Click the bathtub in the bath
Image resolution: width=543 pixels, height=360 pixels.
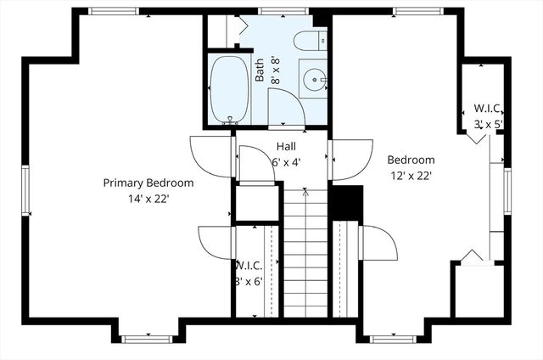228,90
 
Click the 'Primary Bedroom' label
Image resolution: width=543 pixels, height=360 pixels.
148,183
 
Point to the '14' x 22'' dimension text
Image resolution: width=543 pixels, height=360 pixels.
148,199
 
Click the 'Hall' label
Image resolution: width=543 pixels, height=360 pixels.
286,146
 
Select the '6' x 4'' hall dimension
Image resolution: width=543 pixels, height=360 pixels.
286,161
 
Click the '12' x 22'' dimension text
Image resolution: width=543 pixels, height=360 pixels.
411,176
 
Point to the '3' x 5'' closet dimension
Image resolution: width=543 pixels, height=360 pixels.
489,124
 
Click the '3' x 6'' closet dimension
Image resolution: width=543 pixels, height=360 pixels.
248,281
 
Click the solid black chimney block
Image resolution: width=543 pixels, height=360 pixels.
345,203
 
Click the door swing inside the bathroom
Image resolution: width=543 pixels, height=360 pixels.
286,106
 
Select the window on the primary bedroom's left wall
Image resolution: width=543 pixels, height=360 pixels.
25,191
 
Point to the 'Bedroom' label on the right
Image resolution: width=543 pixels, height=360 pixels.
411,160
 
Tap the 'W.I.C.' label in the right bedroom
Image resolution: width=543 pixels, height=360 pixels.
489,109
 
